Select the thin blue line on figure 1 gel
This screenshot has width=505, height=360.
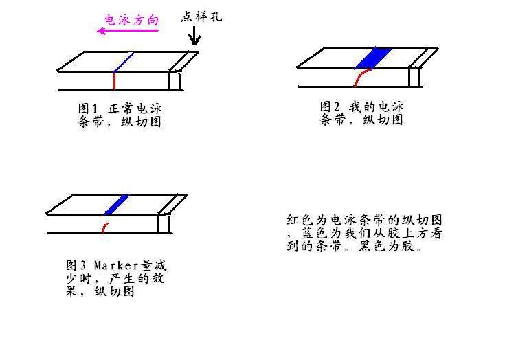point(123,63)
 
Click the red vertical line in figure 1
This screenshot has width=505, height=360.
point(114,81)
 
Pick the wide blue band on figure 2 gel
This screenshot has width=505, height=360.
point(374,58)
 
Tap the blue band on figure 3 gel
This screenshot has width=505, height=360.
point(117,204)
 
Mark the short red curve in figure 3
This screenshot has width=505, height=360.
point(104,225)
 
